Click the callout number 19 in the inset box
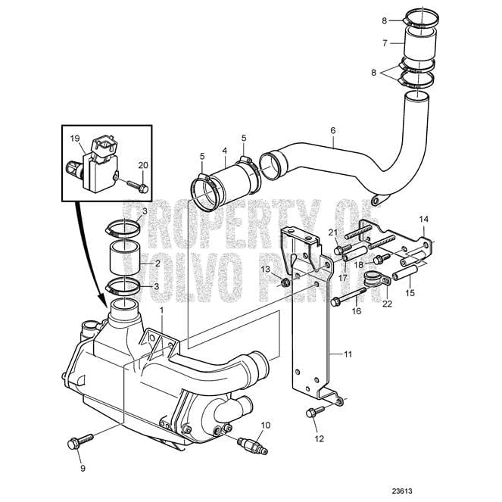[75, 139]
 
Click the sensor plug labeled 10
[252, 444]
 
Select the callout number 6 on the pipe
[332, 130]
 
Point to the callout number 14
[424, 220]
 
